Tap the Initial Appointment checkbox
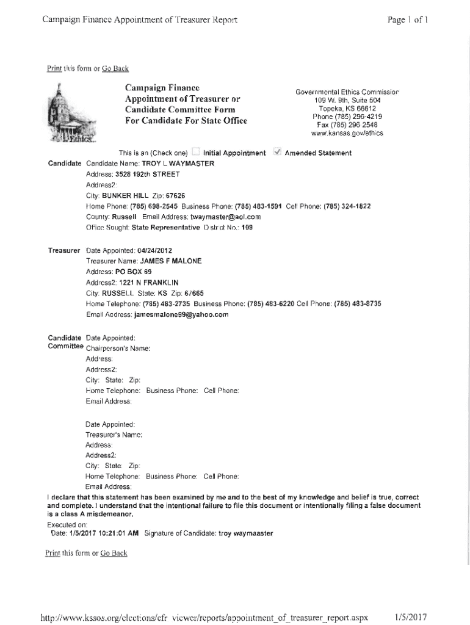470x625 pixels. pos(195,152)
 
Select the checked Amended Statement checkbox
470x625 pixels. pos(277,152)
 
